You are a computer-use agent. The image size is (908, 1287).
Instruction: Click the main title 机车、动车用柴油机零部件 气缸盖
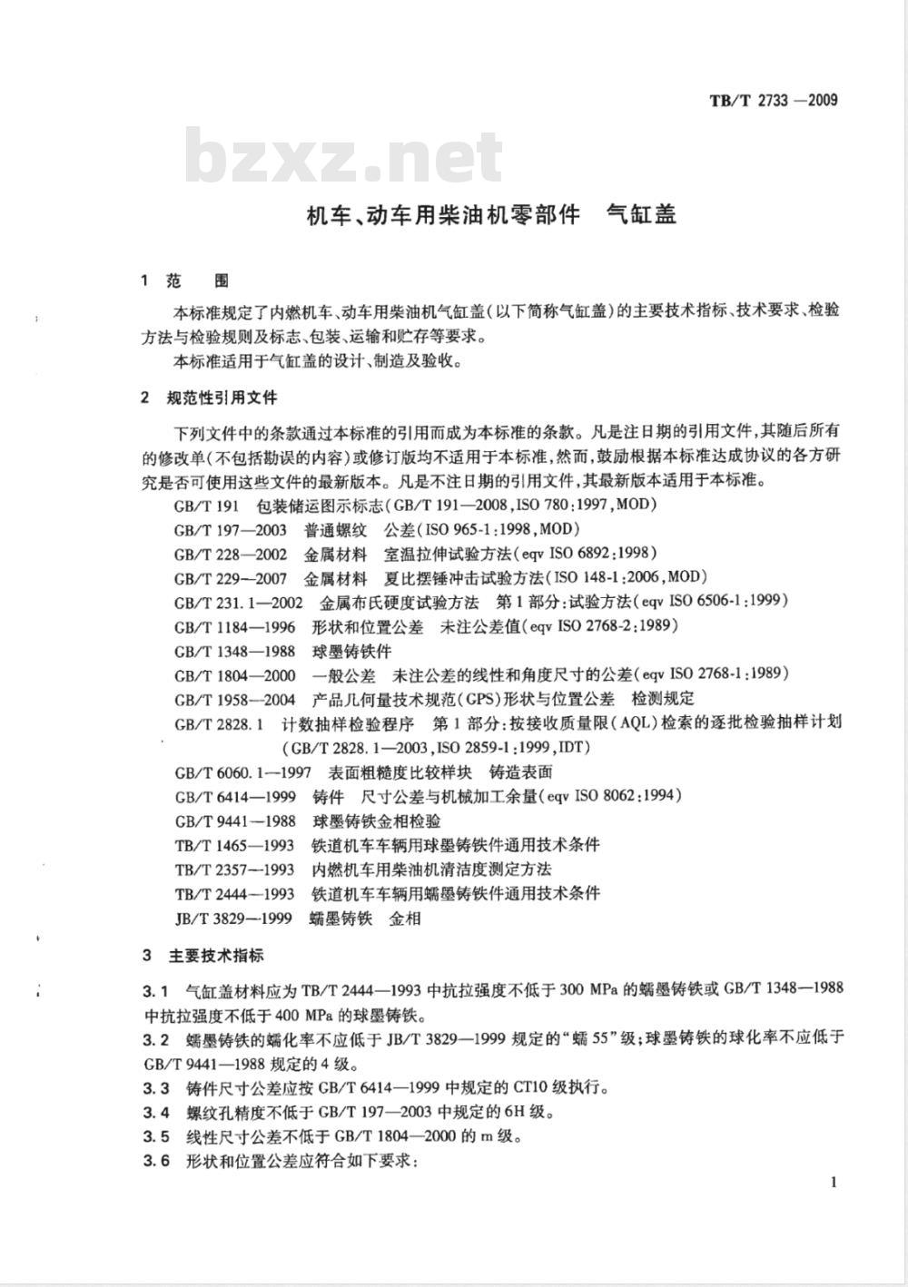pyautogui.click(x=490, y=215)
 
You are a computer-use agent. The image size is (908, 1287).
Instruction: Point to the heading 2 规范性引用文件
pyautogui.click(x=209, y=398)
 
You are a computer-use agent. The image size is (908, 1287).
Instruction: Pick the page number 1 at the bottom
pyautogui.click(x=833, y=1181)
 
